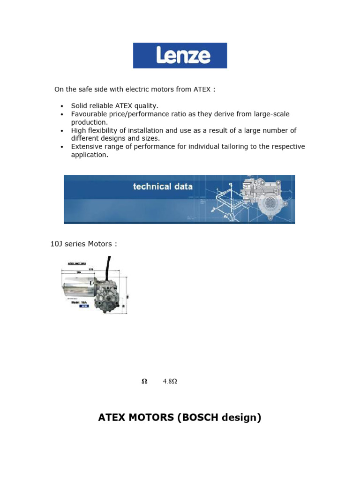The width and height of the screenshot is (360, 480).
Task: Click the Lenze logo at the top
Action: pos(180,55)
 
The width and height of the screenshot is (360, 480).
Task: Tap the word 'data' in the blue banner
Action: pos(183,187)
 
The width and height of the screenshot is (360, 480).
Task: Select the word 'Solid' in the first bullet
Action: pos(80,106)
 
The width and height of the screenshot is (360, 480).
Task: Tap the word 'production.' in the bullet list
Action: pos(90,122)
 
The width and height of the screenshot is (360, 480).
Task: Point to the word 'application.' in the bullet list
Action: pos(90,155)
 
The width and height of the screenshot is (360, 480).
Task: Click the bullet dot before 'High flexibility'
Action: pos(62,131)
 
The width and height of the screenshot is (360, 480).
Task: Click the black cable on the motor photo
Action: pos(108,267)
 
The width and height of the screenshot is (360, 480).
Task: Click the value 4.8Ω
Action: pos(170,382)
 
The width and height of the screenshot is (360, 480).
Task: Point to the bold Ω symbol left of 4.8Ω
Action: pos(144,382)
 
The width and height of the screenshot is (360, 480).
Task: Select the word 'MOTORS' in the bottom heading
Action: pos(151,417)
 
